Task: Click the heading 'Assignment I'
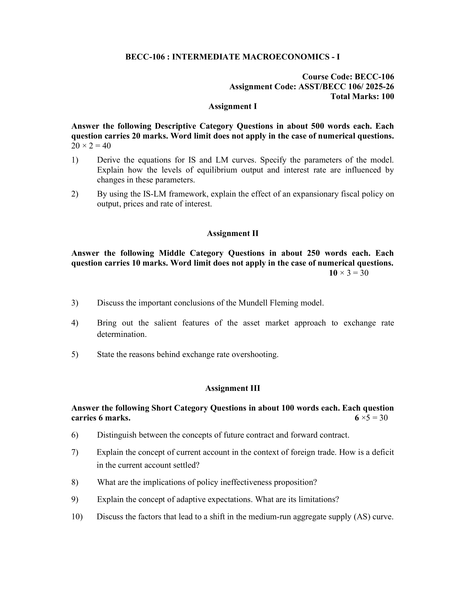(232, 106)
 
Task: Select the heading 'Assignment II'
(232, 233)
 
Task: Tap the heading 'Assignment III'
(232, 388)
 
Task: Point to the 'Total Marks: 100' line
(362, 97)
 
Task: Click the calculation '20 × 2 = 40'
(91, 146)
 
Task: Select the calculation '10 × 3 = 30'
(348, 273)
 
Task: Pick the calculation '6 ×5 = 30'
(371, 418)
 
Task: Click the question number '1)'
(75, 160)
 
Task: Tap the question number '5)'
(75, 354)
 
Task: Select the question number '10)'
(77, 517)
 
